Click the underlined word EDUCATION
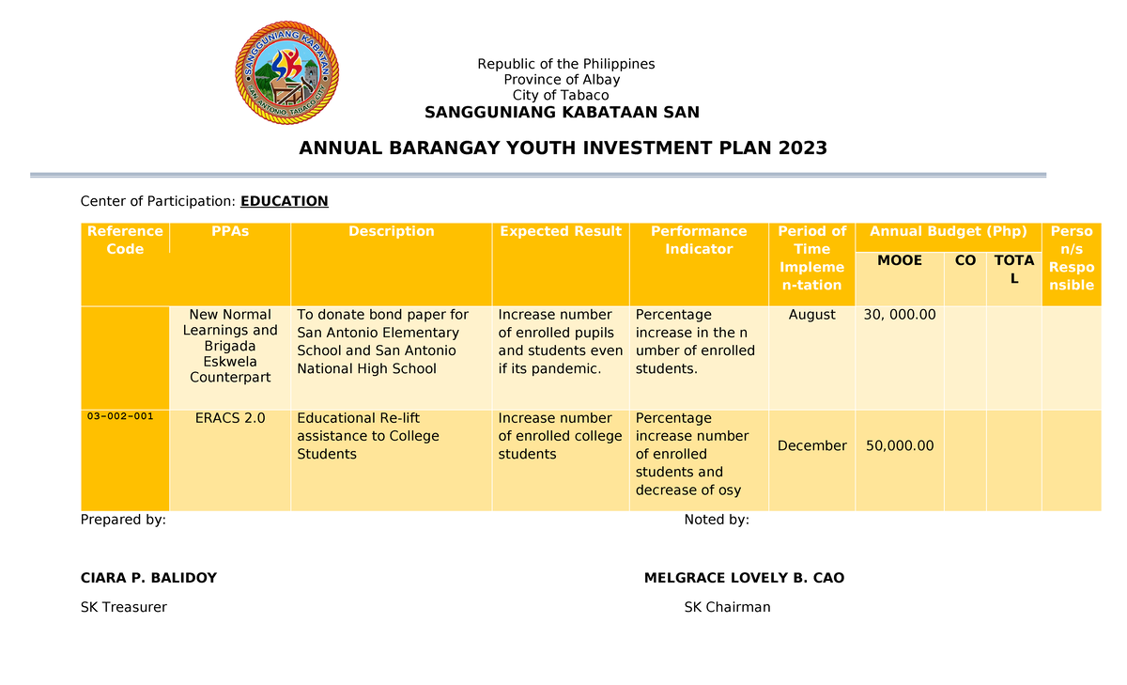(x=285, y=201)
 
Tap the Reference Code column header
(x=125, y=240)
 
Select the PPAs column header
(x=230, y=231)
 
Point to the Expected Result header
(x=561, y=231)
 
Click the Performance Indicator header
(x=699, y=240)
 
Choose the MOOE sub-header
(x=899, y=260)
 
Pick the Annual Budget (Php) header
(x=949, y=231)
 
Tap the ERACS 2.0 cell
(x=230, y=418)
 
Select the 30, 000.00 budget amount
(x=900, y=315)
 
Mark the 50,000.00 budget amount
(x=900, y=445)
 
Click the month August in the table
(x=812, y=315)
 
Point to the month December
(x=812, y=445)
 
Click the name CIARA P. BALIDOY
(x=148, y=578)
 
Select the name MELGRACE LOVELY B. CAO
(x=744, y=578)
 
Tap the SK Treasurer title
(x=124, y=607)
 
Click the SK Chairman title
(x=727, y=607)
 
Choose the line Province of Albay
(x=562, y=80)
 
